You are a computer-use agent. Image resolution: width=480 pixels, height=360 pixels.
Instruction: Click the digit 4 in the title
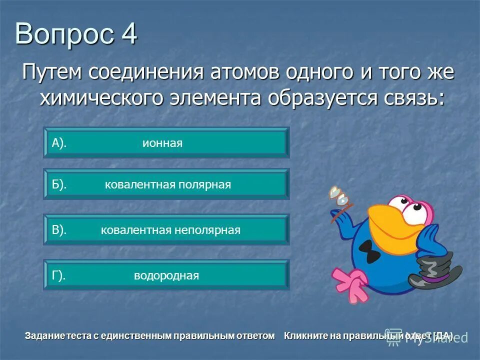[x=128, y=35]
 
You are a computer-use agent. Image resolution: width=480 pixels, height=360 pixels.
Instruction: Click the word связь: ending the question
[x=405, y=98]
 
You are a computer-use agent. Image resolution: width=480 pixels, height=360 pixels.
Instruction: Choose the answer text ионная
[x=162, y=143]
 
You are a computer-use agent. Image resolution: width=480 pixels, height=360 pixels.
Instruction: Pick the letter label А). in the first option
[x=59, y=143]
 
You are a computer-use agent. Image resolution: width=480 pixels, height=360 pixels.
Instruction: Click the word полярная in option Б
[x=205, y=185]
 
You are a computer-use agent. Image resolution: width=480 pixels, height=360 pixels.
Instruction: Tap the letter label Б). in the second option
[x=59, y=185]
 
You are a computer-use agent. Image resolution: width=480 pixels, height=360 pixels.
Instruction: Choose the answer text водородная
[x=166, y=275]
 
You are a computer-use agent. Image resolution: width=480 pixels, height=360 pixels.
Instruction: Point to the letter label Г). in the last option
[x=58, y=275]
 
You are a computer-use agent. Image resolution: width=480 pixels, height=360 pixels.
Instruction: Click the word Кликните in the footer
[x=303, y=336]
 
